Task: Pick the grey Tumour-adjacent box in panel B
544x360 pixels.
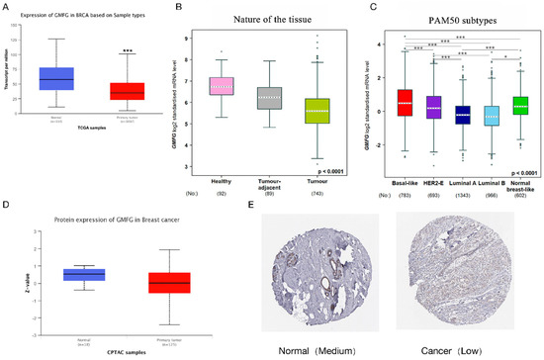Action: pyautogui.click(x=269, y=97)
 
